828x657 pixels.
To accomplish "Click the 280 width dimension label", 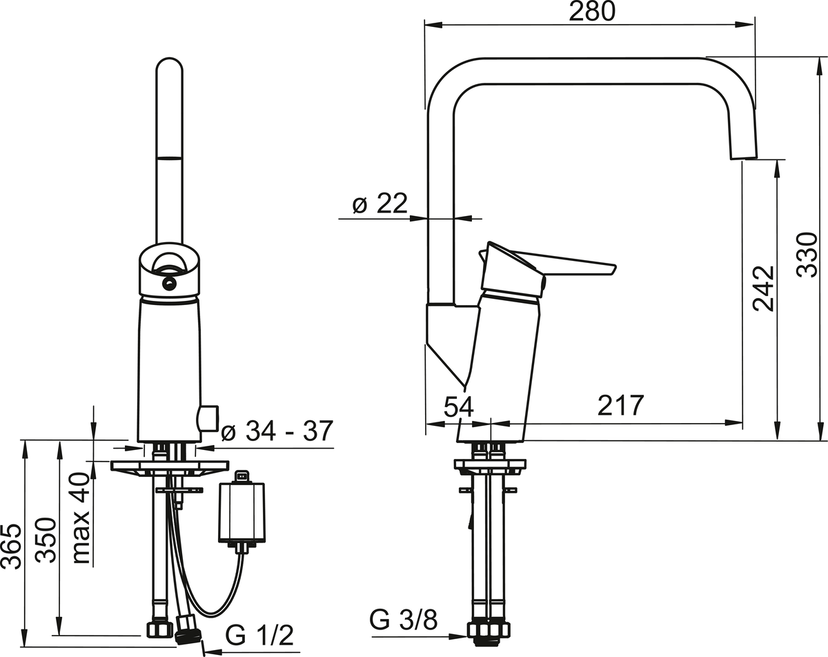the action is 592,12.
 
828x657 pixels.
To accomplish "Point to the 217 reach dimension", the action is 620,405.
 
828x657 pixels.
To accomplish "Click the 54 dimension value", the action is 458,406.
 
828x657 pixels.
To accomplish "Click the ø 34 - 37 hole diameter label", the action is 277,431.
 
